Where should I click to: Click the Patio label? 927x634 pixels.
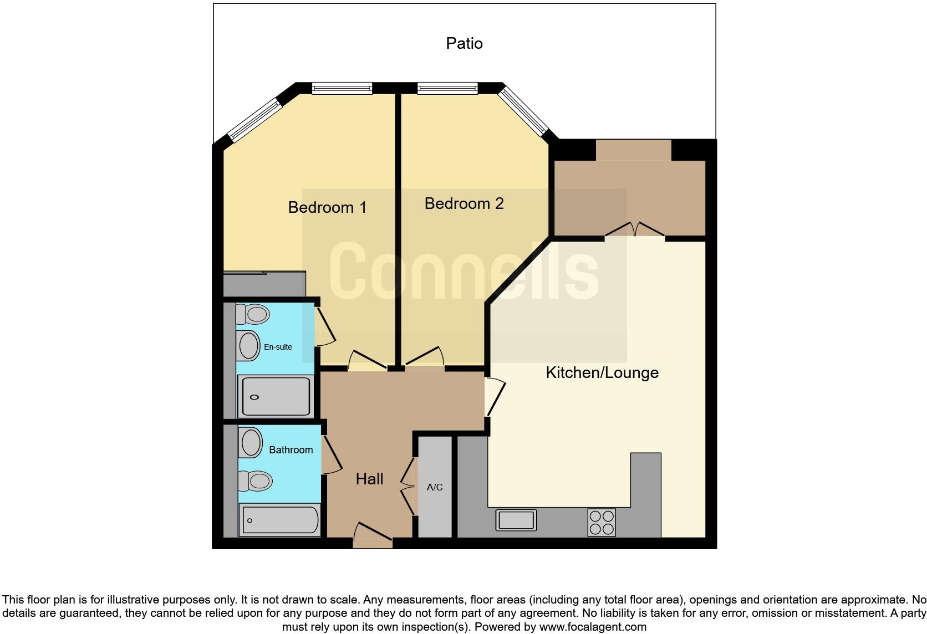464,43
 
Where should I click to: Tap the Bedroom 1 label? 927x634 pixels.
327,207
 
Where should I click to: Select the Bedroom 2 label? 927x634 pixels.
464,203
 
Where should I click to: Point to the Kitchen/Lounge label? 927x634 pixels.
602,372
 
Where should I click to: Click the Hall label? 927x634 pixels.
369,479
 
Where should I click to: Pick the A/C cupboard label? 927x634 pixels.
435,487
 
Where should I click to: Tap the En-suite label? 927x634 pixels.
278,347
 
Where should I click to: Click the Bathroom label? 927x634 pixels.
291,450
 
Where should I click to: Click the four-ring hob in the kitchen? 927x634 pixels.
602,522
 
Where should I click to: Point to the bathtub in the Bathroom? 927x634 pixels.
280,520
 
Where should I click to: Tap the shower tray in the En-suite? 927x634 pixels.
274,396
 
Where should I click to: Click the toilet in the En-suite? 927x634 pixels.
252,314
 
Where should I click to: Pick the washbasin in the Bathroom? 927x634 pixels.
251,443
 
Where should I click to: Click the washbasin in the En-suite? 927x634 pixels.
249,346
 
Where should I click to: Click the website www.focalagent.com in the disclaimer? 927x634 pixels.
592,627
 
